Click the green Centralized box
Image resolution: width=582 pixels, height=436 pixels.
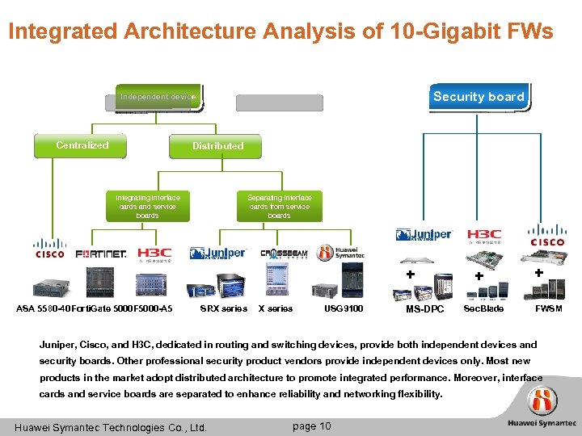click(x=82, y=146)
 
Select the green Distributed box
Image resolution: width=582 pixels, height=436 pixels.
click(x=217, y=146)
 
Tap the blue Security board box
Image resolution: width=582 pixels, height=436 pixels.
click(x=479, y=97)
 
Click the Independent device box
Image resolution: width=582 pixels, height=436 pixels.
click(x=158, y=97)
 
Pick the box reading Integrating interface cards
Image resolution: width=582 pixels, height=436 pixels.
click(x=148, y=206)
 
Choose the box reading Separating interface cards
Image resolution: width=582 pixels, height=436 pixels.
click(x=279, y=206)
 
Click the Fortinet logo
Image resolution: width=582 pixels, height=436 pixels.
click(x=101, y=254)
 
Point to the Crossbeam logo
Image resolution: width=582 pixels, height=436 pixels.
click(x=284, y=253)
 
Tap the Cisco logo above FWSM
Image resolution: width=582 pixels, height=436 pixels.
click(x=547, y=235)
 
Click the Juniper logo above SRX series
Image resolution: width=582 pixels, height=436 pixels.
click(x=217, y=254)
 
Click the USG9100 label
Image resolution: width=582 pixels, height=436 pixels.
click(x=344, y=309)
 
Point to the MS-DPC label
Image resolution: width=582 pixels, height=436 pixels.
click(x=424, y=309)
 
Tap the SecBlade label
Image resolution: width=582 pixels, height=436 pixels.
click(x=483, y=309)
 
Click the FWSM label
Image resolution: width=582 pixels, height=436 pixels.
click(x=549, y=309)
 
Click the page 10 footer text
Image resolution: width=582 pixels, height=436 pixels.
click(x=311, y=426)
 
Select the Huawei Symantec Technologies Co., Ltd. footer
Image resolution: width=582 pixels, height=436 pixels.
click(x=112, y=427)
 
